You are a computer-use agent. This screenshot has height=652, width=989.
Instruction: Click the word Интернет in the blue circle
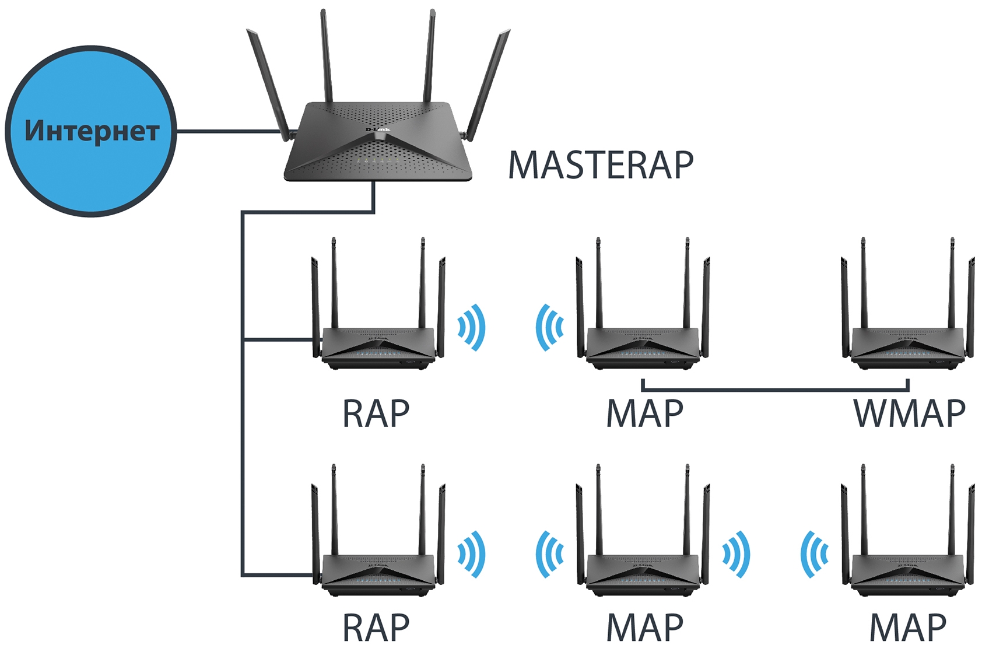point(92,131)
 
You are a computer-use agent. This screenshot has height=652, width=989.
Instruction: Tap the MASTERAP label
point(601,166)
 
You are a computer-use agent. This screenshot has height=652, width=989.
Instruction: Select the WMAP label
point(909,413)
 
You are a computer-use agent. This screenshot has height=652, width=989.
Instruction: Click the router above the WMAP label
point(907,344)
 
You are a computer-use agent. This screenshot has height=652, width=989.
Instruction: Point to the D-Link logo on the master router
point(378,129)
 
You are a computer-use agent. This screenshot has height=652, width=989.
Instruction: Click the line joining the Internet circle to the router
point(227,131)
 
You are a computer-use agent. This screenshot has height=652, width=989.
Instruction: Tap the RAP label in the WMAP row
point(376,413)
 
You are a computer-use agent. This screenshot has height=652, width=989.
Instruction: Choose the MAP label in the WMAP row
point(644,413)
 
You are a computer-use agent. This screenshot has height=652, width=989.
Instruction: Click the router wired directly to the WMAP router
point(643,344)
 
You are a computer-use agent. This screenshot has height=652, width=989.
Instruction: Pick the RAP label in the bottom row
point(376,628)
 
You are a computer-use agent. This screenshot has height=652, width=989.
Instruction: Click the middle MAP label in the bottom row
point(644,628)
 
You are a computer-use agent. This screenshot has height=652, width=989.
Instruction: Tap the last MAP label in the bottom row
point(907,628)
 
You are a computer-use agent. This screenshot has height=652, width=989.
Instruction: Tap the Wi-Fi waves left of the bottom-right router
point(815,554)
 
